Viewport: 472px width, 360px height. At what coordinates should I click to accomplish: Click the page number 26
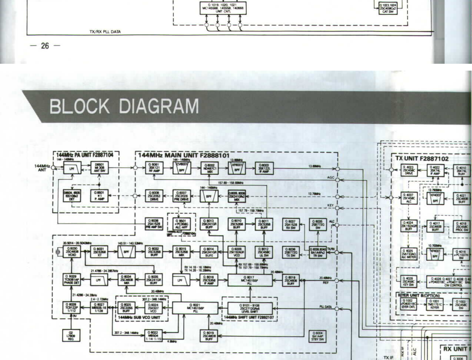tap(45, 46)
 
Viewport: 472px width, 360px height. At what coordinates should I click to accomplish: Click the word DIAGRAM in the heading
tap(159, 106)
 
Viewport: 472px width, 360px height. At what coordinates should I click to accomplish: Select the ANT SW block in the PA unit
tap(99, 167)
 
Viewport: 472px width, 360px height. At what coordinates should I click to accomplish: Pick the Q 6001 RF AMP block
tap(154, 168)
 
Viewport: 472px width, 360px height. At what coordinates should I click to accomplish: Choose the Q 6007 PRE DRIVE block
tap(181, 196)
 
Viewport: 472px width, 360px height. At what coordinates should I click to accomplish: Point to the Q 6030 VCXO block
tap(72, 252)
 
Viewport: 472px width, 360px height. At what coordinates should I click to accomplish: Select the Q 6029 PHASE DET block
tap(71, 279)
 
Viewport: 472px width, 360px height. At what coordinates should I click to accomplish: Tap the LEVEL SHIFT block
tap(249, 308)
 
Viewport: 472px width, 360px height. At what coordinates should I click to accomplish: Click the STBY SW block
tap(317, 336)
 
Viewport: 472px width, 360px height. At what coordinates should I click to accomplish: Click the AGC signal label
tap(331, 177)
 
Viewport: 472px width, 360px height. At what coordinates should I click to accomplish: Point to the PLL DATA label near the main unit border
tap(325, 307)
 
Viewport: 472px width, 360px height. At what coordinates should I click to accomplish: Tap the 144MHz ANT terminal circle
tap(53, 168)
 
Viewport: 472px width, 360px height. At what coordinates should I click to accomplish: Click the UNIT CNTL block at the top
tap(223, 8)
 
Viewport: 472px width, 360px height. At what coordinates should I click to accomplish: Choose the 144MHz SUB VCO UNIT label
tap(139, 317)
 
